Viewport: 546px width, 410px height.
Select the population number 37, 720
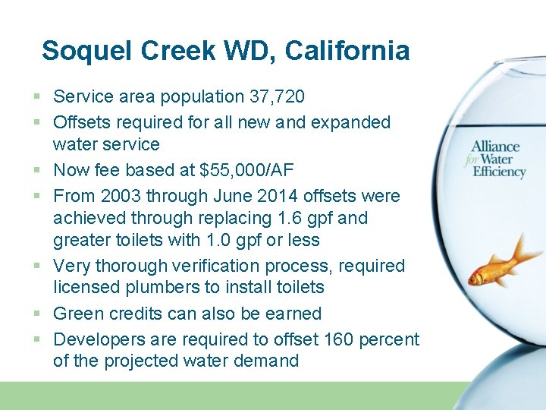point(277,97)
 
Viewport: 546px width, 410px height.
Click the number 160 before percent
point(338,339)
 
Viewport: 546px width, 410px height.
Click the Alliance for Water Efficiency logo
point(497,159)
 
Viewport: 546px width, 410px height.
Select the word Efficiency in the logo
point(499,172)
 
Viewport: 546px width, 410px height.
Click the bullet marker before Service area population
point(37,97)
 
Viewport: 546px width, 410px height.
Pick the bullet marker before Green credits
point(37,314)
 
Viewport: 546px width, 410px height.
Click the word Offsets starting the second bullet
point(80,122)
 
